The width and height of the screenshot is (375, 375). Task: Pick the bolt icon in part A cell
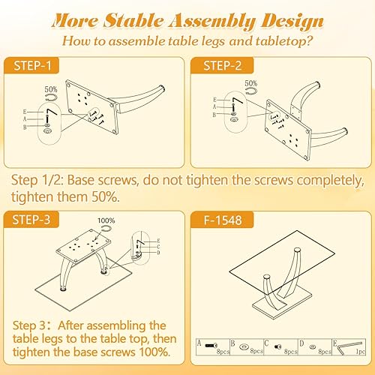[x=208, y=346]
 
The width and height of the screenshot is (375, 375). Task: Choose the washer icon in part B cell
[x=243, y=346]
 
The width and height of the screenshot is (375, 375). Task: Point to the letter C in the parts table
[x=265, y=342]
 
